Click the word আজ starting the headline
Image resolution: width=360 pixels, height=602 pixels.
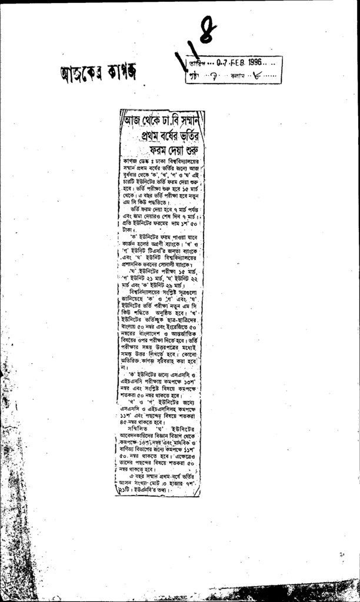click(131, 122)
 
